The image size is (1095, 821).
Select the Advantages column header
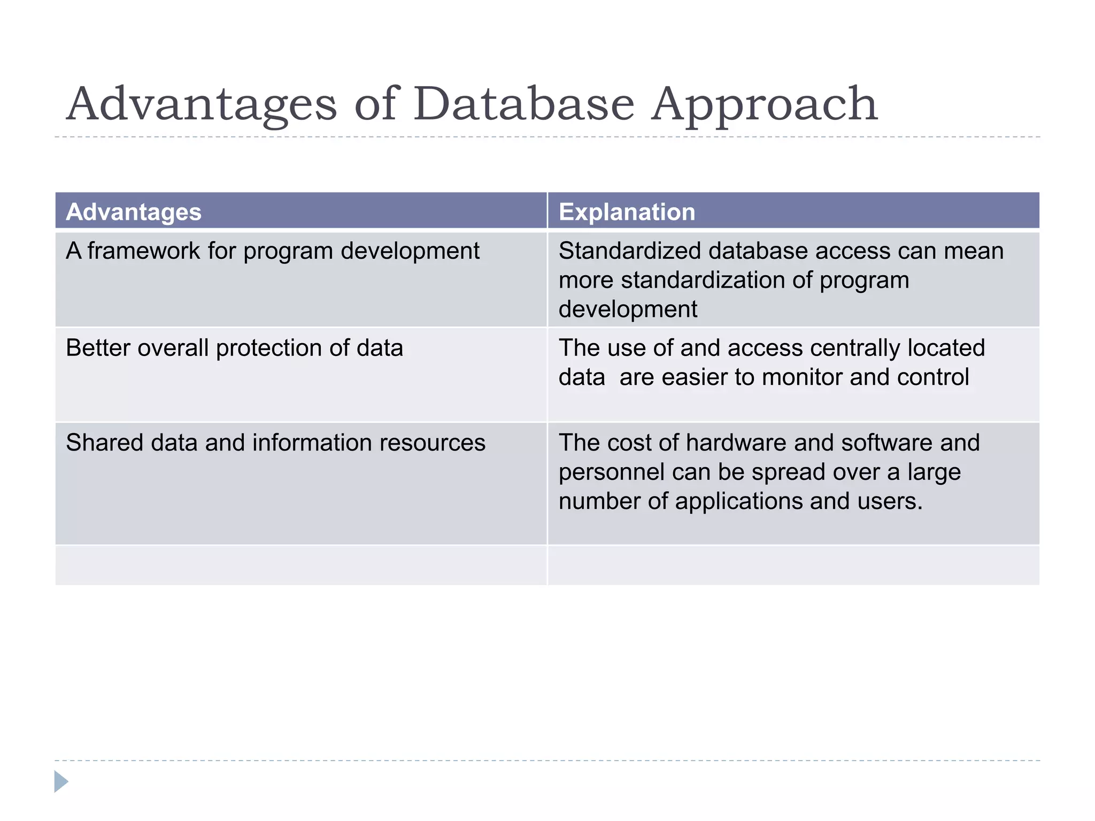tap(134, 212)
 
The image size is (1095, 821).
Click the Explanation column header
tap(627, 212)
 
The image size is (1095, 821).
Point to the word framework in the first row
tap(144, 251)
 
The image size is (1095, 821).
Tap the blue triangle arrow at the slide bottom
tap(61, 781)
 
